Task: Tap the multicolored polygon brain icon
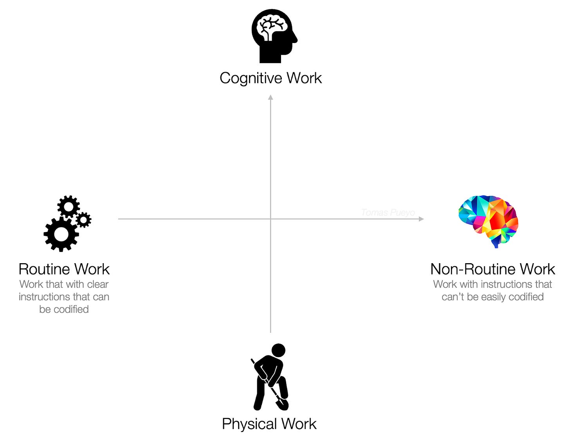click(489, 219)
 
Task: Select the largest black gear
click(61, 234)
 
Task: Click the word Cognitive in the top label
click(251, 78)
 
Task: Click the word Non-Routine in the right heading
click(473, 269)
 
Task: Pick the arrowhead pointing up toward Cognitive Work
click(271, 98)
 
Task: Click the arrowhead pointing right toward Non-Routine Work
click(421, 219)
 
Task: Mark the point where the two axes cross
click(271, 219)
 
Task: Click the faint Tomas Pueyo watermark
click(388, 213)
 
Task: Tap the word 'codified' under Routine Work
click(71, 309)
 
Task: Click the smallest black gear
click(83, 220)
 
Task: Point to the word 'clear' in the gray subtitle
click(98, 284)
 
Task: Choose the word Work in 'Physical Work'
click(299, 424)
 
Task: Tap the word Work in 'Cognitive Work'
click(304, 78)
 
